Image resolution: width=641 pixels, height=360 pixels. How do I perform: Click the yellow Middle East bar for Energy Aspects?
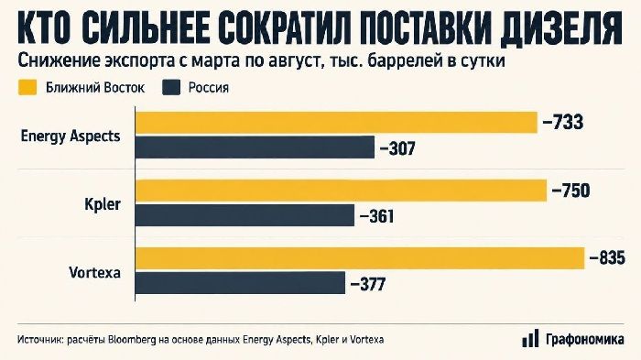point(336,123)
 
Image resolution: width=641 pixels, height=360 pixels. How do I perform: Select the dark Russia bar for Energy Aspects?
point(255,147)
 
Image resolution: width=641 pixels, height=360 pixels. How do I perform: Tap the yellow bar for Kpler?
point(341,191)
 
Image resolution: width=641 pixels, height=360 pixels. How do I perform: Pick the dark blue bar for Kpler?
point(244,215)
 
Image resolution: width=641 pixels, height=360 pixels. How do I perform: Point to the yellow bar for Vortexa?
point(360,258)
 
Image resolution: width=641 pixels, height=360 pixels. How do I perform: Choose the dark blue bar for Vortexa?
point(240,283)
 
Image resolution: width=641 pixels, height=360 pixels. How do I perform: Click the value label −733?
point(563,123)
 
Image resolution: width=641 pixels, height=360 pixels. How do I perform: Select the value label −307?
point(397,148)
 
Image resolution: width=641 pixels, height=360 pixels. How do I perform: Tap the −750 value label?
point(571,191)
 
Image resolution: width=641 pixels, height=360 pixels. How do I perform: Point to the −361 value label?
point(377,216)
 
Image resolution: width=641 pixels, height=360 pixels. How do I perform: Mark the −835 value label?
point(607,258)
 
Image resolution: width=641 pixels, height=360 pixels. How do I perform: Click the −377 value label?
point(368,284)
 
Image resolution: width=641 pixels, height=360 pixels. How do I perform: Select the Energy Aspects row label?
point(71,136)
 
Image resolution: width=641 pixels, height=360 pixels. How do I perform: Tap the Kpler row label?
point(103,204)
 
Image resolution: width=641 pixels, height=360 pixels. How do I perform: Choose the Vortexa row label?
point(95,272)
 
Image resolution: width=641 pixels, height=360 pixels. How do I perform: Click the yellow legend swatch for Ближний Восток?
point(27,88)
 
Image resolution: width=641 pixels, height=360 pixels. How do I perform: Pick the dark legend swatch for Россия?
point(171,88)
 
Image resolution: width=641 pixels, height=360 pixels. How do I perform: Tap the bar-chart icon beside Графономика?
point(530,338)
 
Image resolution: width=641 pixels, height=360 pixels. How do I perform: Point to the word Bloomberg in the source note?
point(132,340)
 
